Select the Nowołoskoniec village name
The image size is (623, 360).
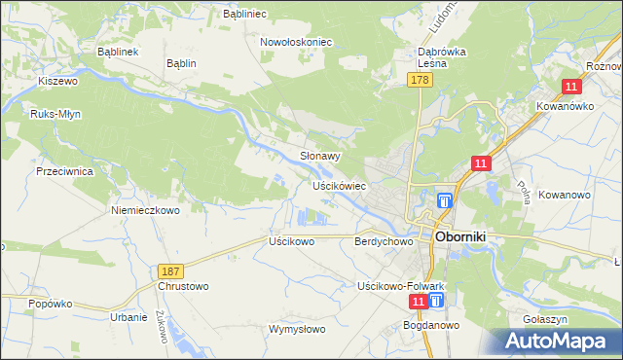pos(296,43)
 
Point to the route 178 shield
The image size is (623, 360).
pos(420,81)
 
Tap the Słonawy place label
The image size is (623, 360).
pos(319,156)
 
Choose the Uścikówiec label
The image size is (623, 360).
pos(338,185)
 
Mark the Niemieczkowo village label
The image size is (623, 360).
pos(146,209)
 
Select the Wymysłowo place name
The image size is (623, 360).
pos(296,329)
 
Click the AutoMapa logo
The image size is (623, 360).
pos(558,341)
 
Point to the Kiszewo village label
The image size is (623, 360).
pos(57,82)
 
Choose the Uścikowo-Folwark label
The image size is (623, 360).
pos(400,286)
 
